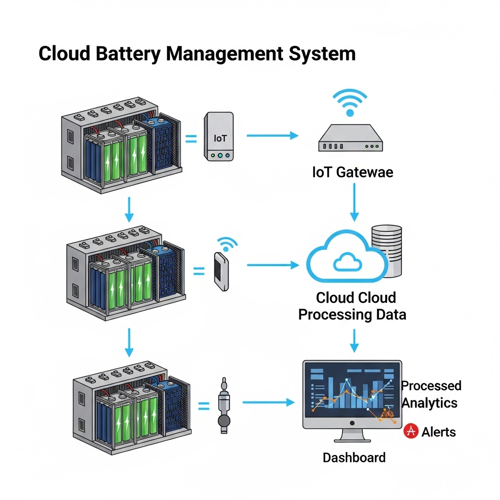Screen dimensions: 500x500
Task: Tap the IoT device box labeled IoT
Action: [219, 137]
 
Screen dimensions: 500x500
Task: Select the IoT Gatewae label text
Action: [352, 172]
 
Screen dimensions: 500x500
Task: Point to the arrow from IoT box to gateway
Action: [271, 135]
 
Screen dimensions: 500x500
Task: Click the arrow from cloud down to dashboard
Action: [355, 340]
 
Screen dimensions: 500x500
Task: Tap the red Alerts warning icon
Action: [411, 431]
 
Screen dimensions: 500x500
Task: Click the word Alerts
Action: [438, 432]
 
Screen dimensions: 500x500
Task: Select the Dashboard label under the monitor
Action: [354, 458]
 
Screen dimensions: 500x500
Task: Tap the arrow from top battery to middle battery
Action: [128, 209]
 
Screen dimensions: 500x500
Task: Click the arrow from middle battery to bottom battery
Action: [129, 342]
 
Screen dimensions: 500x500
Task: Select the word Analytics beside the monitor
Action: [429, 403]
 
